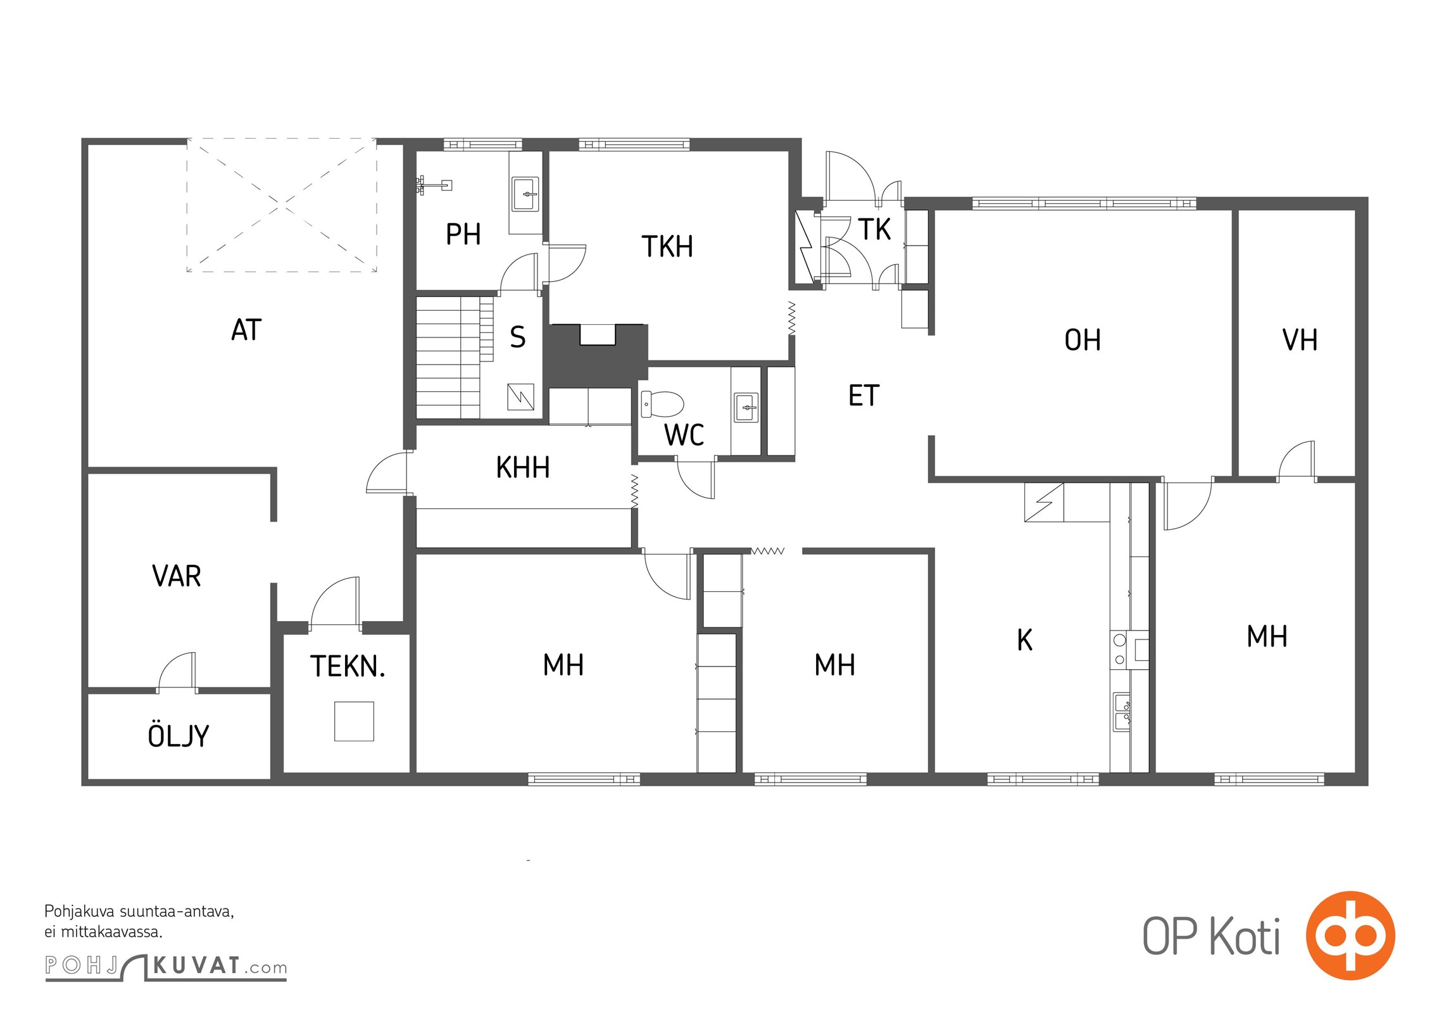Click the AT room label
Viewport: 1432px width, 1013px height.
246,330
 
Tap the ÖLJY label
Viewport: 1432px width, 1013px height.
178,735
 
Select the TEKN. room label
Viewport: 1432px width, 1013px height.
348,666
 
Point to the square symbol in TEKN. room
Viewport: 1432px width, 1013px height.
354,720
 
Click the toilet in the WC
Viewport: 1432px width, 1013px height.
662,404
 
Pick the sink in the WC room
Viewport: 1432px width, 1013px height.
746,407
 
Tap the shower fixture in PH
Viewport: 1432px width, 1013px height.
434,185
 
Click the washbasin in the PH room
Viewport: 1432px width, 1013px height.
525,194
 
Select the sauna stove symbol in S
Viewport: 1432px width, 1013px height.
520,397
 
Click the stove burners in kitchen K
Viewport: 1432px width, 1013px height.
1120,650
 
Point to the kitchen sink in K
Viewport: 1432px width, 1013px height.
1122,712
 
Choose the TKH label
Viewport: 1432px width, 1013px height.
667,246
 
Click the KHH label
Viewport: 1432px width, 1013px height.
522,467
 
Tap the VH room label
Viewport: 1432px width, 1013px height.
1300,340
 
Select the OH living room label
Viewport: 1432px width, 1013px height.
1083,340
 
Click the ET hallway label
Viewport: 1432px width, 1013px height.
864,396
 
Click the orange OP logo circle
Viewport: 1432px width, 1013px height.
1350,935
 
